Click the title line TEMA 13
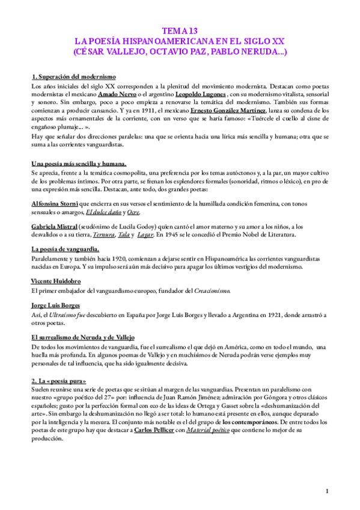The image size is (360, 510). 180,30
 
